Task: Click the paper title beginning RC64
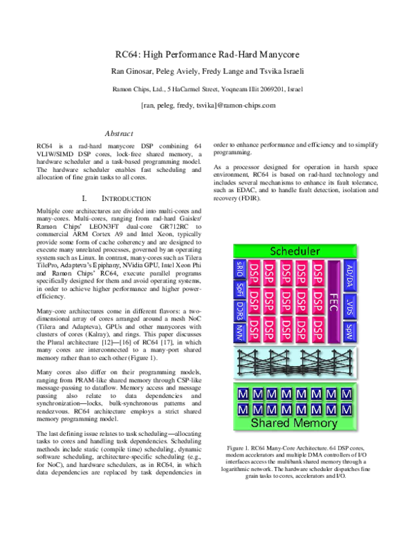208,54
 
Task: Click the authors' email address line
208,105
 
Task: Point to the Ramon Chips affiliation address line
208,89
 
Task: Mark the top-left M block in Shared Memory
243,394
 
